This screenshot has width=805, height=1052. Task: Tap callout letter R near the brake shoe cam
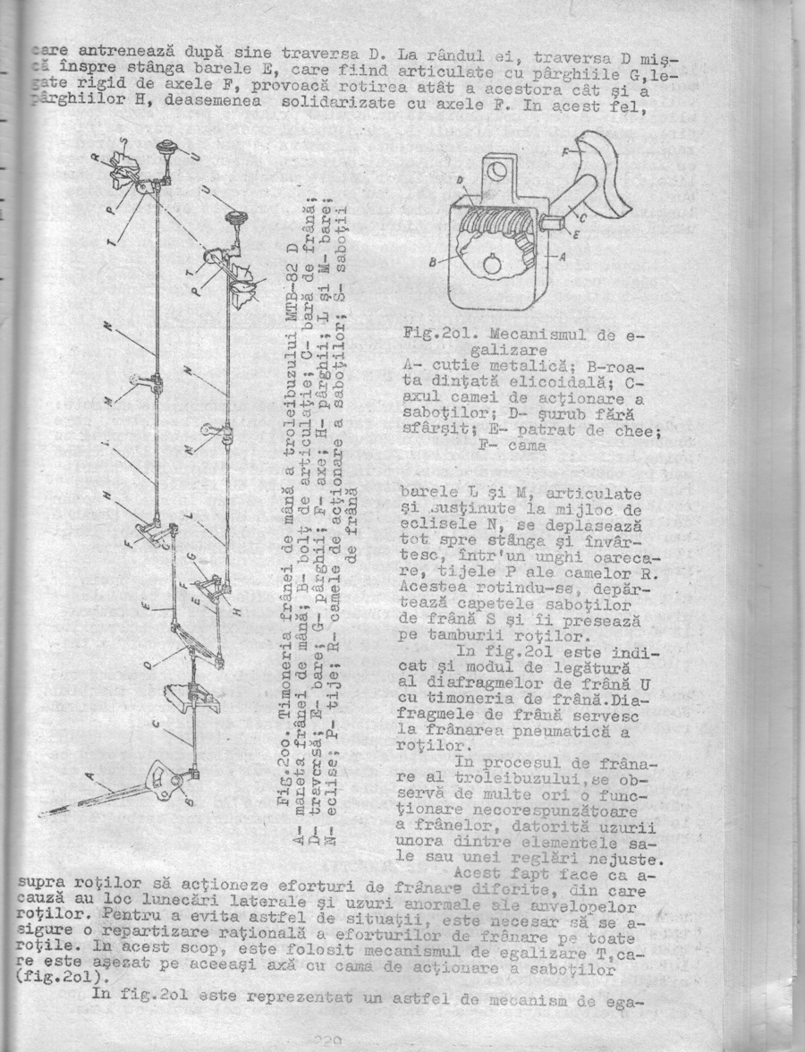(x=94, y=159)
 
